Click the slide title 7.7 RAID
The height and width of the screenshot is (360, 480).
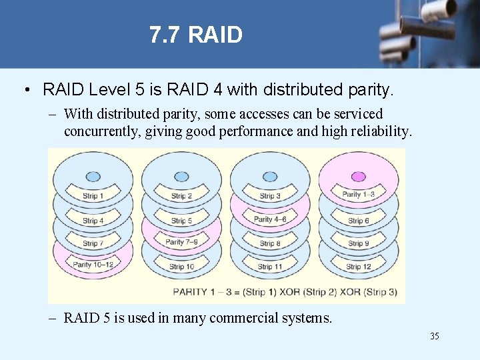coord(195,35)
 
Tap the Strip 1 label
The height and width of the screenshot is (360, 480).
coord(93,196)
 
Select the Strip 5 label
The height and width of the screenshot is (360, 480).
coord(181,221)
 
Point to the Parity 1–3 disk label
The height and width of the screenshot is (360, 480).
coord(358,195)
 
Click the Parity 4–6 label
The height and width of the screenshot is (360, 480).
coord(270,219)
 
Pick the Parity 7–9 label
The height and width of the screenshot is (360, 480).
coord(181,242)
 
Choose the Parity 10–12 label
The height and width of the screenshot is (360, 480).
coord(93,265)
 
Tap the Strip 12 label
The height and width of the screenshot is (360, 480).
coord(358,267)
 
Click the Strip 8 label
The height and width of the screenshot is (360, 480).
coord(270,244)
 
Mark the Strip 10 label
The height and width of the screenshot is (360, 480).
coord(181,267)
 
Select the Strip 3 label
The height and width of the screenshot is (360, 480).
coord(270,196)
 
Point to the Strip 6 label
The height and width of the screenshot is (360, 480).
coord(358,221)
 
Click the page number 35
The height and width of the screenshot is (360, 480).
coord(434,336)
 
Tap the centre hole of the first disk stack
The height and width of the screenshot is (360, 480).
coord(93,177)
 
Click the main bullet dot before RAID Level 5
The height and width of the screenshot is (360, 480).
coord(24,89)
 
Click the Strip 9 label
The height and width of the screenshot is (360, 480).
coord(358,244)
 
